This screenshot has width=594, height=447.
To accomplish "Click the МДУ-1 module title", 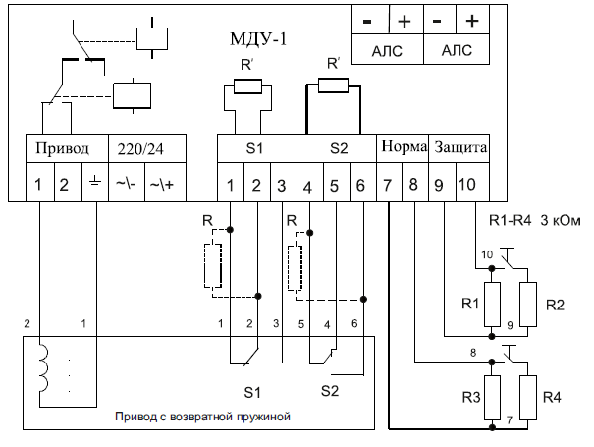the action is [258, 39].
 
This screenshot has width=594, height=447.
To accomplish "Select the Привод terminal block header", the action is [67, 148].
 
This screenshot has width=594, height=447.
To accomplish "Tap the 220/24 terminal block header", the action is [147, 148].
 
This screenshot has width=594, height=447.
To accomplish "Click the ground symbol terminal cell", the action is [95, 183].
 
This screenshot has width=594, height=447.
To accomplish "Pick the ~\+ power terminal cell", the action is [166, 183].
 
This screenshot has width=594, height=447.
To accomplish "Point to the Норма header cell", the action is [403, 148].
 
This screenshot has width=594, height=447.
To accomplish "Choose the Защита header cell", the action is [459, 148].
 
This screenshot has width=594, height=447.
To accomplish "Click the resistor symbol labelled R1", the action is [492, 305].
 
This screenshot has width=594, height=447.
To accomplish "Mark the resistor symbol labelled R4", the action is [528, 398].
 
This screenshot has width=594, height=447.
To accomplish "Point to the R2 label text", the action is [555, 305].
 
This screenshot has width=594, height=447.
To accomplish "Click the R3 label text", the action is [471, 397].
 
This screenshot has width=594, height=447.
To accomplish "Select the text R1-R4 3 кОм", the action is [534, 220].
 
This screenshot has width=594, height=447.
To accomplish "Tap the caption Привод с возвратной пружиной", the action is [202, 417].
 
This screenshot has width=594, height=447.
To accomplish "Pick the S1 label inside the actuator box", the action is [252, 392].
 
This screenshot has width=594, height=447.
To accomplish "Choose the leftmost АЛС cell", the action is [387, 50].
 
